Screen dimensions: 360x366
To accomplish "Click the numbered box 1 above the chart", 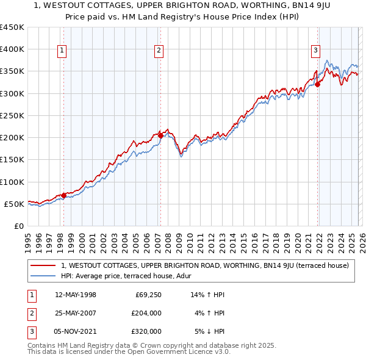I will click(63, 51).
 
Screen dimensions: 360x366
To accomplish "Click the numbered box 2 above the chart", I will click(159, 51).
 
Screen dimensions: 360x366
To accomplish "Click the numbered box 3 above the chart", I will click(316, 51).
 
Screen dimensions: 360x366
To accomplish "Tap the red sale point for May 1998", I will click(63, 195).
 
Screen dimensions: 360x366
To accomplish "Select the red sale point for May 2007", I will click(160, 135).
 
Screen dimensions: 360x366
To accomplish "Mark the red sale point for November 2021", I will click(318, 85).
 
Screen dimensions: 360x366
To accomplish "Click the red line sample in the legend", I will click(44, 265).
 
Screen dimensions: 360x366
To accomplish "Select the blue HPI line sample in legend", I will click(44, 276).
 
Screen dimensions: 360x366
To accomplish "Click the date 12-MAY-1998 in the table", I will click(76, 295).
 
